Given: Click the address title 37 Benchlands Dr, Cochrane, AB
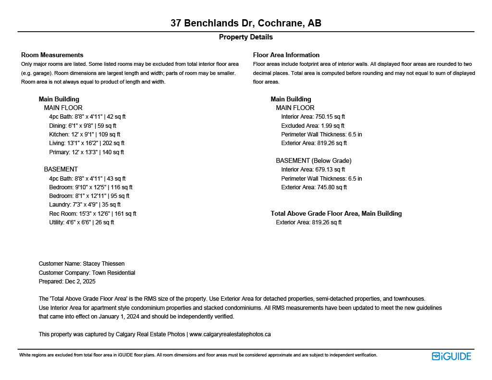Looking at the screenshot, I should (246, 23).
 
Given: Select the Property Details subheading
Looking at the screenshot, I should (246, 37).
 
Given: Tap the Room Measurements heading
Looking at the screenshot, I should (52, 55).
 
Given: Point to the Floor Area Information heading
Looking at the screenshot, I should (286, 55).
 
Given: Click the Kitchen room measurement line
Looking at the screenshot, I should (85, 135).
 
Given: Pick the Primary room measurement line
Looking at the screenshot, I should (86, 152).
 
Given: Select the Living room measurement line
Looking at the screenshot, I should (87, 143).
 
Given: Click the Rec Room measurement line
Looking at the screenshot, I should (93, 214).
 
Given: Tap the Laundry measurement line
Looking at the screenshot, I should (85, 205).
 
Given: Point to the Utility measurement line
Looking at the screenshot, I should (82, 222).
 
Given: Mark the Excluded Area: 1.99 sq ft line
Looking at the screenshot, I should (313, 126).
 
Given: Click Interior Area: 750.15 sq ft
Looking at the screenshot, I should (313, 117).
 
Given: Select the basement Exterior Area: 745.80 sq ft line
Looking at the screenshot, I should (314, 187).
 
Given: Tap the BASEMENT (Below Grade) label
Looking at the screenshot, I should (313, 160).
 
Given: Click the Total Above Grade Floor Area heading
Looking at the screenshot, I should (336, 213).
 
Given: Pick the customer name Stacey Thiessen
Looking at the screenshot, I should (103, 264).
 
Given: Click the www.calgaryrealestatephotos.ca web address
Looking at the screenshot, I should (230, 334).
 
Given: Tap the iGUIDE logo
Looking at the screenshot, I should (451, 356).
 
